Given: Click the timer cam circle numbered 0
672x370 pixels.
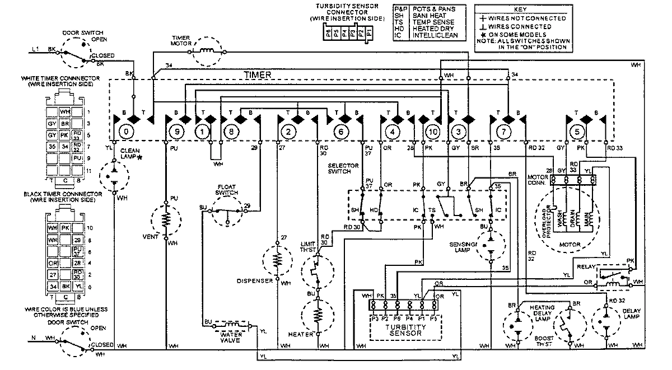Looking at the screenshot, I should coord(128,132).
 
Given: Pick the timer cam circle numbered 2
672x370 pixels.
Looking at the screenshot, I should coord(288,132).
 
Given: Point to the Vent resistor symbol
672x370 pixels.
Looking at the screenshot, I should coord(166,221).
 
